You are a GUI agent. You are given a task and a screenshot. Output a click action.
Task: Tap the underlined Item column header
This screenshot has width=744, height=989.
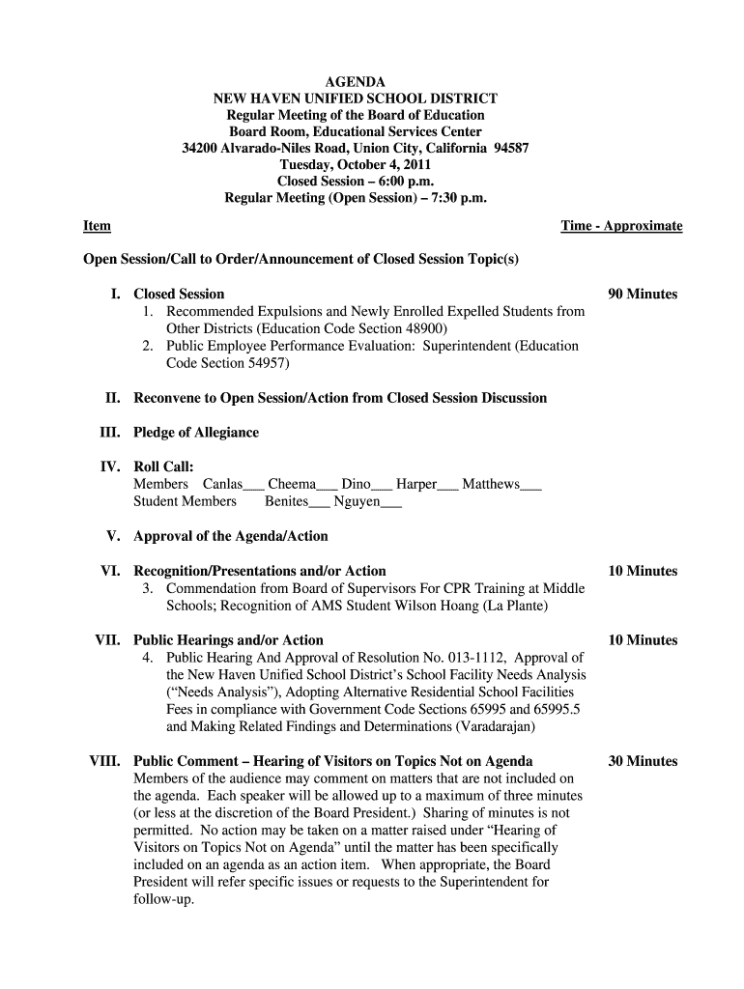(97, 226)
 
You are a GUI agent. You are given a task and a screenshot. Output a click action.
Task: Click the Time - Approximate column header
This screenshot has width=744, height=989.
(621, 226)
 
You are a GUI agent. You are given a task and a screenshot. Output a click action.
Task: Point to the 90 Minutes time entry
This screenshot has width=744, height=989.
(643, 294)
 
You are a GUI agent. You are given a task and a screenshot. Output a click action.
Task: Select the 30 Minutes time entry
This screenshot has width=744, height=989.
(643, 761)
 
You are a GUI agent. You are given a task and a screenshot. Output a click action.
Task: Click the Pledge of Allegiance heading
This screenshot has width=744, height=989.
(196, 433)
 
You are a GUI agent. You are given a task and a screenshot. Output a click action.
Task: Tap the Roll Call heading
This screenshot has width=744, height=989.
(163, 466)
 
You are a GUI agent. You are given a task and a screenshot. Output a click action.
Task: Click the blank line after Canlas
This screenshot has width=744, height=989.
(254, 486)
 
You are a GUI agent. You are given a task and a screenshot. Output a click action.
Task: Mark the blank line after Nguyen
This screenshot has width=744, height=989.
(390, 503)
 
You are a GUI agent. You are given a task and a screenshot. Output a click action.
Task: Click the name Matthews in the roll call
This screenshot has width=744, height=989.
(491, 484)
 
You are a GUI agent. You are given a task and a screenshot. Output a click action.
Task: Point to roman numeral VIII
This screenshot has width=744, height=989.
(105, 761)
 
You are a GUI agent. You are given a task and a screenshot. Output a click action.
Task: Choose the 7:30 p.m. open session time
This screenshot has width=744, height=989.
(454, 198)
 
